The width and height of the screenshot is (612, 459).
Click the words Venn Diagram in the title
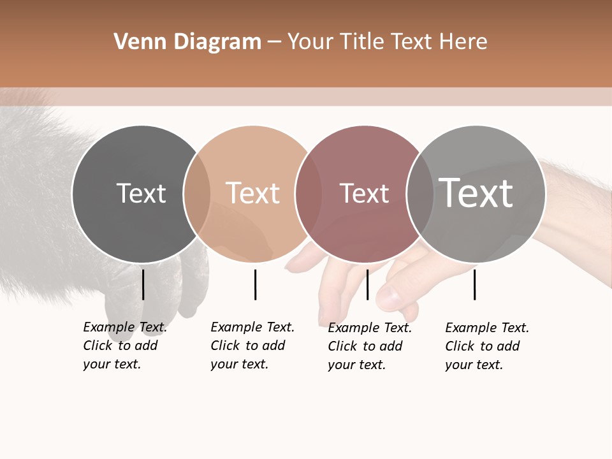[x=187, y=42]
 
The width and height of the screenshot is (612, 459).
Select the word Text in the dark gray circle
[x=141, y=193]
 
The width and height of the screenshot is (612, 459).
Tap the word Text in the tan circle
[x=253, y=193]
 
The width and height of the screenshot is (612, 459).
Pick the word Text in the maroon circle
[x=365, y=193]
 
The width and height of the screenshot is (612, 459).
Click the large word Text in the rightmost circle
[x=476, y=193]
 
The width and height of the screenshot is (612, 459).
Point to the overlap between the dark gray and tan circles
[x=197, y=194]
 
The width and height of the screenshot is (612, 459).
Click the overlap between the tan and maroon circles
[x=309, y=194]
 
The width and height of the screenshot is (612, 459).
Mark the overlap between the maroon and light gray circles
[x=420, y=194]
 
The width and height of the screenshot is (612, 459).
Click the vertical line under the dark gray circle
[x=143, y=284]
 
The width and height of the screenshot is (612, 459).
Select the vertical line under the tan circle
[x=255, y=284]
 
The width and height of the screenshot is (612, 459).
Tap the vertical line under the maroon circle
[x=367, y=284]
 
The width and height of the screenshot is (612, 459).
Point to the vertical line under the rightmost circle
[x=474, y=284]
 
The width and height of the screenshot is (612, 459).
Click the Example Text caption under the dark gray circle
[x=124, y=346]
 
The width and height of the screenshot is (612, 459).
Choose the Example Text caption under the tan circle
[x=252, y=346]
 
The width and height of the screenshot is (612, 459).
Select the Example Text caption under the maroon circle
[x=369, y=346]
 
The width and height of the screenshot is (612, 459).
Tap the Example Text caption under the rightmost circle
[x=486, y=346]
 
